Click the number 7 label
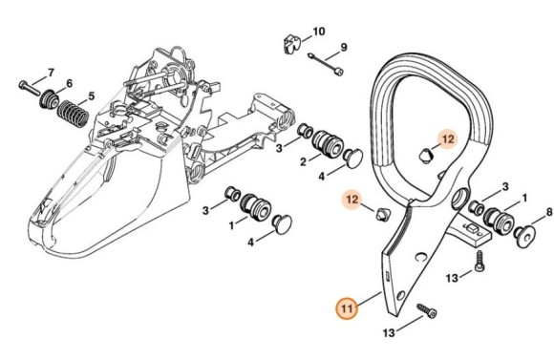51,74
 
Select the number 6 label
69,85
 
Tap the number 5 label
92,95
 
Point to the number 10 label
319,32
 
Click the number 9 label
343,47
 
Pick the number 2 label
303,162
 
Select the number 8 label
548,212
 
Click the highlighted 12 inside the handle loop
447,138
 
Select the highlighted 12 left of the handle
353,200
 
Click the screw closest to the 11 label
425,309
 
